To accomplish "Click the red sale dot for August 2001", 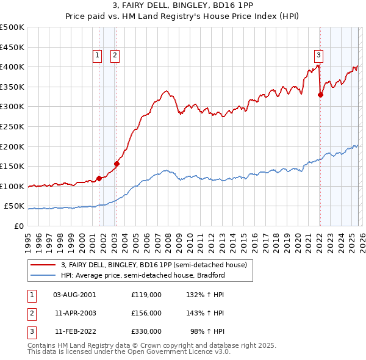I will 99,179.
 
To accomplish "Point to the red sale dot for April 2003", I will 117,164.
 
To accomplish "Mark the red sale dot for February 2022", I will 320,95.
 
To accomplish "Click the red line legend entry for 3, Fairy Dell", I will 154,265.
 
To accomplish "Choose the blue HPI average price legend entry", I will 143,275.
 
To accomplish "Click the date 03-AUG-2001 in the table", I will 74,294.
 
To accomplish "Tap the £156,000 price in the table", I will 146,313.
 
